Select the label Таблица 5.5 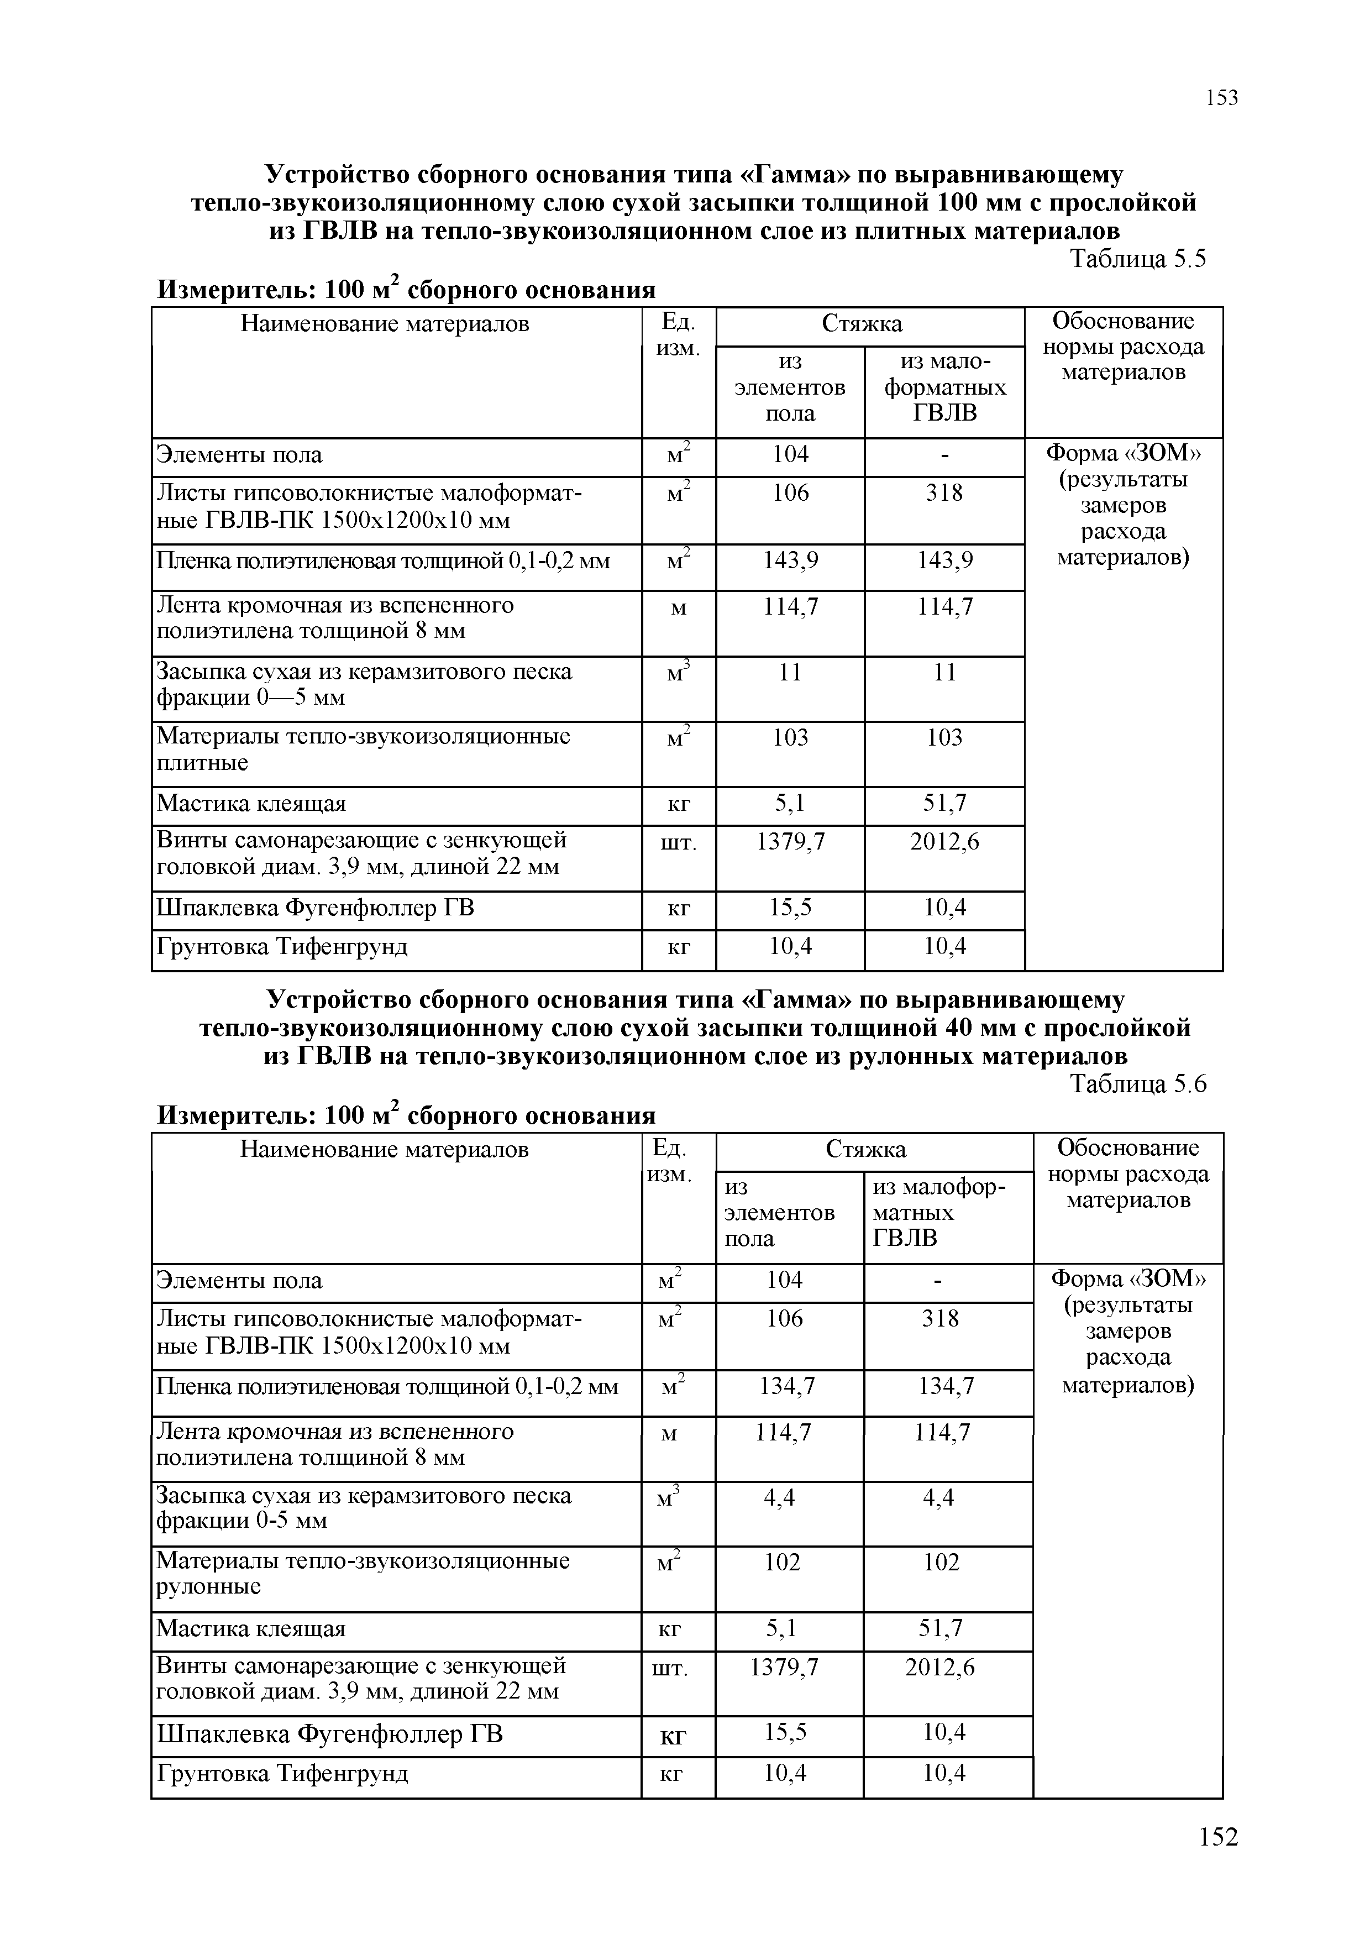pyautogui.click(x=1138, y=259)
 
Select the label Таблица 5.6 pyautogui.click(x=1138, y=1084)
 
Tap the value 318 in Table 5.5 pyautogui.click(x=944, y=493)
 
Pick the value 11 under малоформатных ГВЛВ pyautogui.click(x=944, y=672)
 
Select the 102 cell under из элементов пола pyautogui.click(x=783, y=1563)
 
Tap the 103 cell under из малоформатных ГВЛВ pyautogui.click(x=944, y=737)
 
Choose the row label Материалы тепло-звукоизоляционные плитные pyautogui.click(x=363, y=749)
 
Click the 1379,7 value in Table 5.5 pyautogui.click(x=790, y=841)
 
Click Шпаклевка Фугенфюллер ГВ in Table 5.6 pyautogui.click(x=329, y=1734)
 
